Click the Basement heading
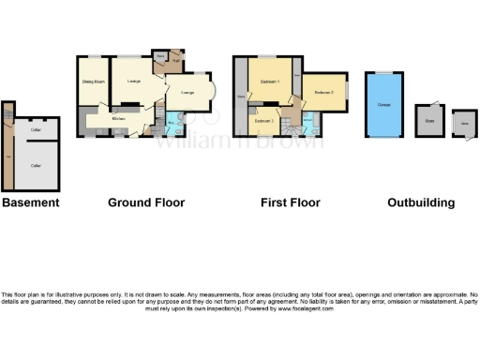30,202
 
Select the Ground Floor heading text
146,202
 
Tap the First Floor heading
290,202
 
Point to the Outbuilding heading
422,202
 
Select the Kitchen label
119,119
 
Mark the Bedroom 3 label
263,121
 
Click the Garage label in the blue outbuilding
383,105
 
